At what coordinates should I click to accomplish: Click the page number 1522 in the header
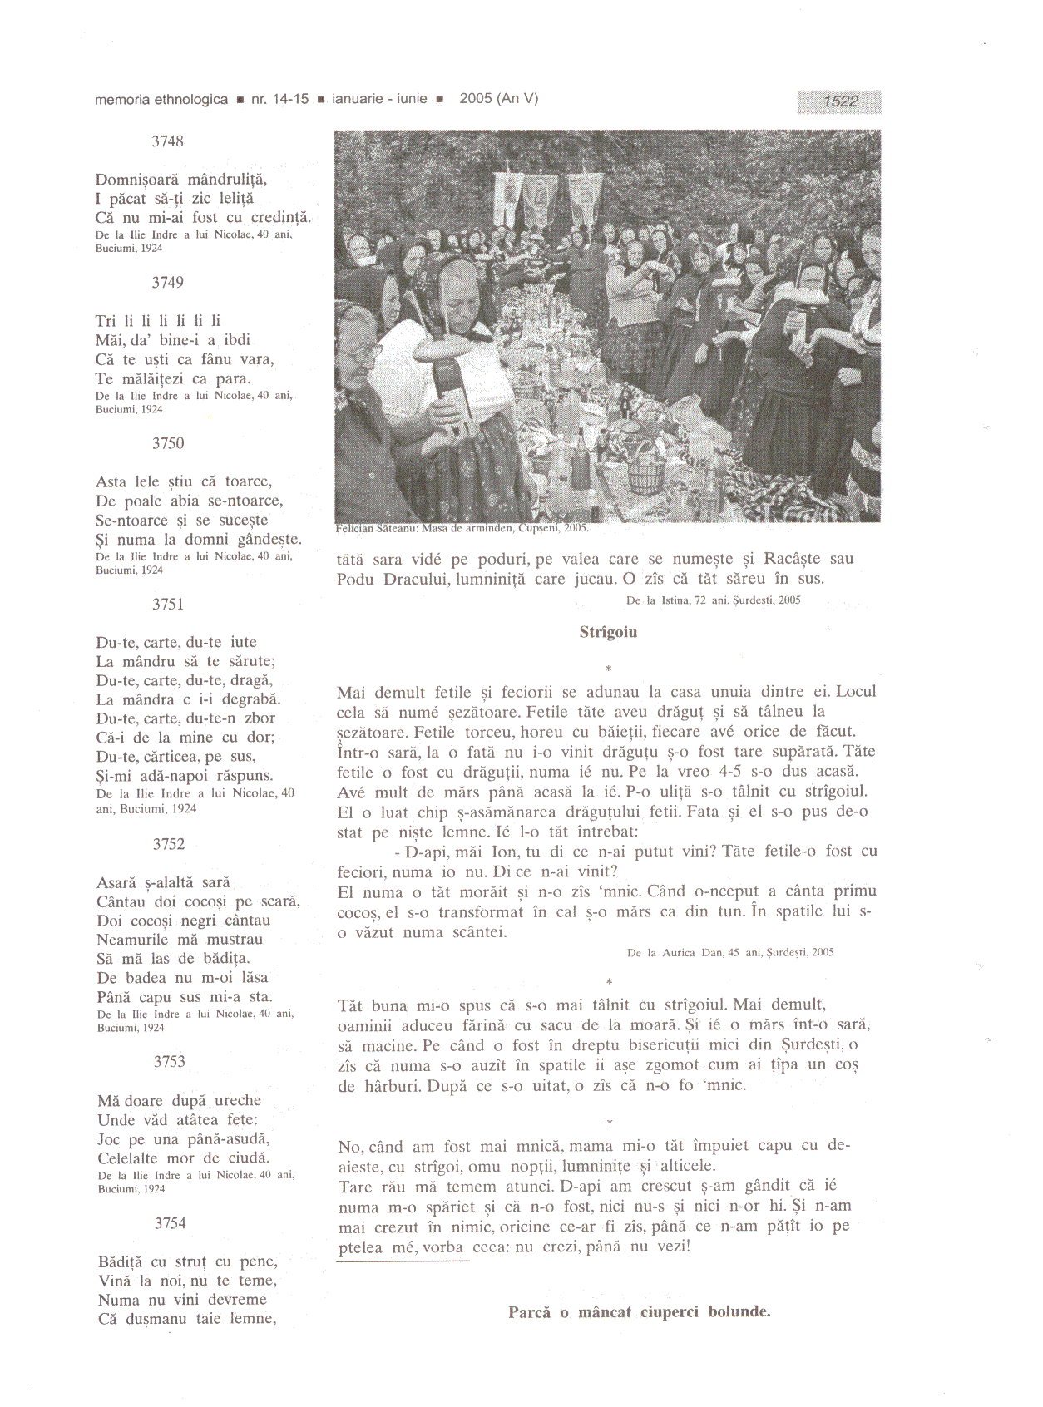coord(840,101)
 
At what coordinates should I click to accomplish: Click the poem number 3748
coord(167,141)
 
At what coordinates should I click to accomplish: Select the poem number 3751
coord(168,605)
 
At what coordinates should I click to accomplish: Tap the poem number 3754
coord(170,1223)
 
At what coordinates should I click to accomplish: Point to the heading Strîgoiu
coord(608,632)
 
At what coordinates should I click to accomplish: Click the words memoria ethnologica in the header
coord(161,99)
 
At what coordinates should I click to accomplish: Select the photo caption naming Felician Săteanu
coord(462,528)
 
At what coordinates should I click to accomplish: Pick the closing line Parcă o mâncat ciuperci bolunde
coord(639,1312)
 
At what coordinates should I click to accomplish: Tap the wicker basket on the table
coord(645,477)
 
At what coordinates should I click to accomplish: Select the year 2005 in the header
coord(476,99)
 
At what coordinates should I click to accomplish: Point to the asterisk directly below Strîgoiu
coord(609,668)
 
